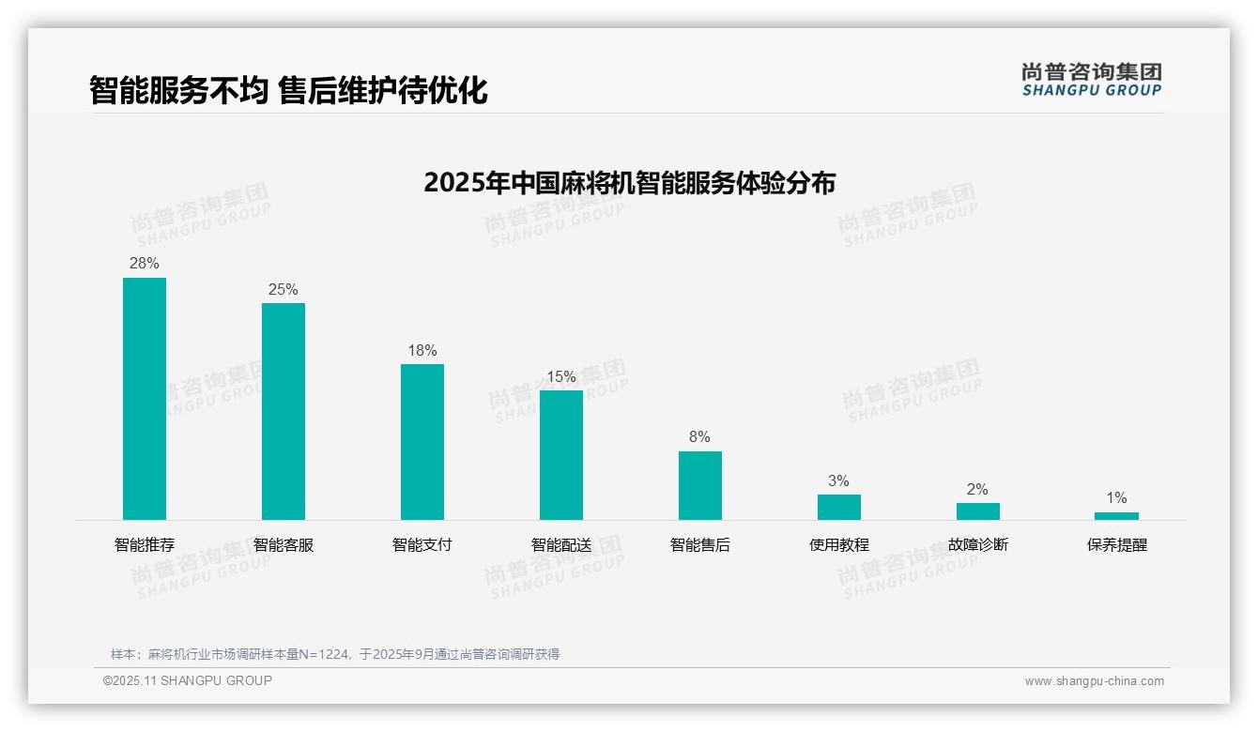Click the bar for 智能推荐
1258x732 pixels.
[x=145, y=399]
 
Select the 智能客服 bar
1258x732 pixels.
[x=284, y=411]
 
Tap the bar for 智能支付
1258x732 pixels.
[x=422, y=442]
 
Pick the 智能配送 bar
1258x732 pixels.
[x=561, y=455]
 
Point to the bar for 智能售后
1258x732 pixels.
[x=700, y=485]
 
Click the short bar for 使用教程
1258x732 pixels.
[x=839, y=507]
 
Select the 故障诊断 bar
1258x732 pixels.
[x=978, y=511]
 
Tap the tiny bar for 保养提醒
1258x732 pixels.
[x=1116, y=516]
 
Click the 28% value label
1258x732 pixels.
[x=145, y=264]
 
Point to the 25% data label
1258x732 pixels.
[x=284, y=289]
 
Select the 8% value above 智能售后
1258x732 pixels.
[x=699, y=437]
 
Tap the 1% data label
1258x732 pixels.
[x=1116, y=498]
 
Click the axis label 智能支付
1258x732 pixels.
[x=422, y=545]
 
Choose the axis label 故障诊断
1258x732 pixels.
[x=978, y=545]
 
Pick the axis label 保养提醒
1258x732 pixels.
[x=1117, y=545]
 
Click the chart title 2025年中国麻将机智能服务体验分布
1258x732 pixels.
[x=629, y=182]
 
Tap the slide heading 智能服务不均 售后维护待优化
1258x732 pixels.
[x=288, y=91]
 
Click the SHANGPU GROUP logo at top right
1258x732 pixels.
[x=1091, y=80]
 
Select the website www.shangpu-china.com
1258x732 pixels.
[x=1094, y=681]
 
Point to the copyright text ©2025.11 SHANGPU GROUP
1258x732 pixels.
[x=188, y=681]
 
